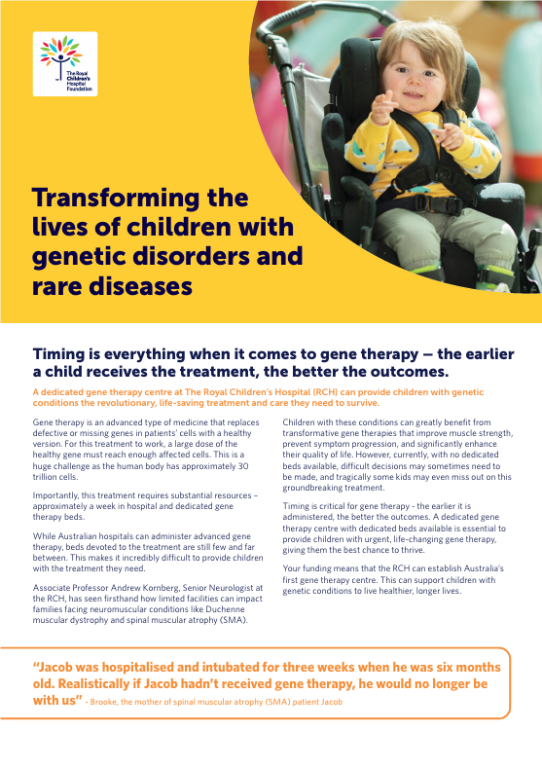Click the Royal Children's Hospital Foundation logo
point(65,63)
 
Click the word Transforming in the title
point(116,198)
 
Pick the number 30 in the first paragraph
point(243,466)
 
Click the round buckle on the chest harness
point(445,173)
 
